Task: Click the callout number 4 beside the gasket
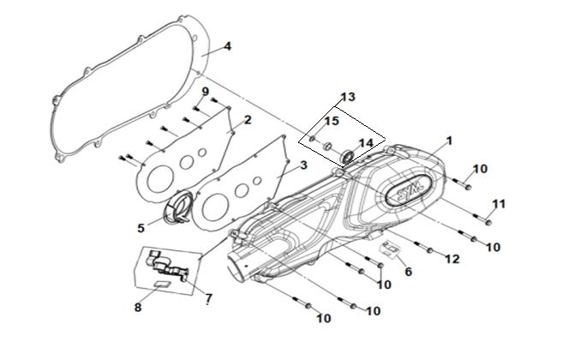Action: (x=228, y=46)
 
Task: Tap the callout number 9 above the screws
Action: (x=206, y=91)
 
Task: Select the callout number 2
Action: (x=248, y=119)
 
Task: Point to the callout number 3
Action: (x=303, y=165)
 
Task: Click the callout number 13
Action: (x=348, y=97)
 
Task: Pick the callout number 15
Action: (x=332, y=121)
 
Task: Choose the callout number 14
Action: (x=366, y=143)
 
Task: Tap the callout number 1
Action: (x=450, y=141)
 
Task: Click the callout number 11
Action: (x=499, y=204)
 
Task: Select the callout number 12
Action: (x=452, y=259)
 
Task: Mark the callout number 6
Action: (x=408, y=272)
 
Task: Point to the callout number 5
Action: (x=141, y=228)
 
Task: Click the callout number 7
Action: (x=209, y=297)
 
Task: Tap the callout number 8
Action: (x=138, y=307)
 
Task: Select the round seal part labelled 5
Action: (x=178, y=207)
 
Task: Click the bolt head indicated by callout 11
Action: (x=487, y=222)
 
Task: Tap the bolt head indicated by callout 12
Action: (x=429, y=250)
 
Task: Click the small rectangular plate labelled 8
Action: (x=162, y=284)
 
